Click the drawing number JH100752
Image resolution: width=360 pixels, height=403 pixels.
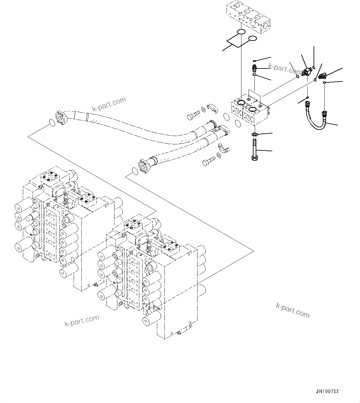(x=327, y=391)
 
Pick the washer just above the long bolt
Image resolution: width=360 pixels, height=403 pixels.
(x=254, y=135)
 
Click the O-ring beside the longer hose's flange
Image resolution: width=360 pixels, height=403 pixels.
(x=52, y=123)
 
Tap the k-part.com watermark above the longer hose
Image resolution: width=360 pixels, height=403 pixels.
(x=109, y=104)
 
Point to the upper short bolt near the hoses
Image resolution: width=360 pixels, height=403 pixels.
(x=193, y=116)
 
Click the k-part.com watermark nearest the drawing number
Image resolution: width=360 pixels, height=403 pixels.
(x=293, y=310)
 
